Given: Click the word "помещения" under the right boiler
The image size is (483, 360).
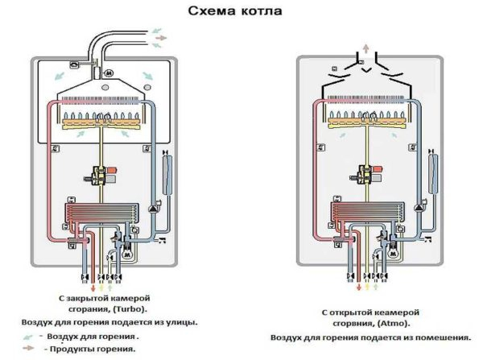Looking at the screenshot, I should point(418,337).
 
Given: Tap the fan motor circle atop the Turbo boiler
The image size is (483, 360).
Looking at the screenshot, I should point(106,73).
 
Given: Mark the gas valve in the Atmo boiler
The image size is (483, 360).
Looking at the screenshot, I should point(369,175).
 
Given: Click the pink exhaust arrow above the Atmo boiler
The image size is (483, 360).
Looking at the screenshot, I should point(366,48).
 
